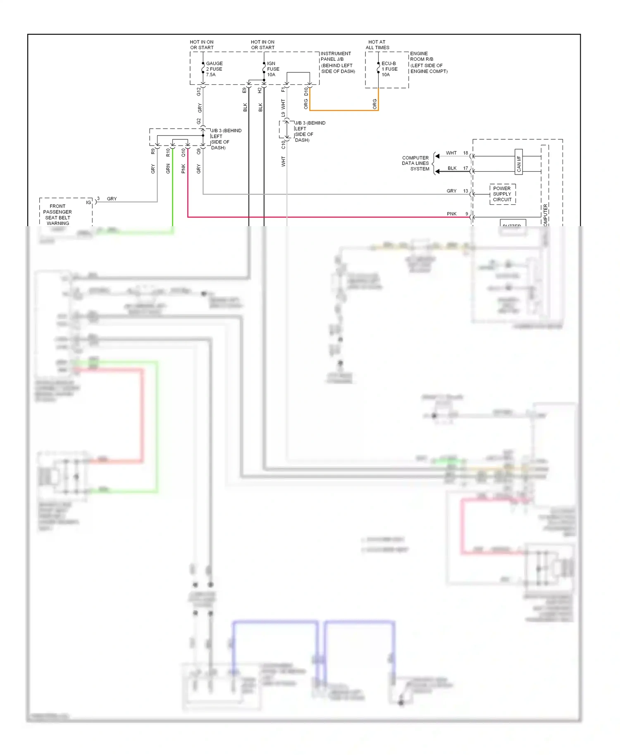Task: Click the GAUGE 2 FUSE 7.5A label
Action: (x=214, y=69)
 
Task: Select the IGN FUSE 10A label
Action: (x=273, y=69)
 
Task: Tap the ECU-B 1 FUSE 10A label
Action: (x=389, y=69)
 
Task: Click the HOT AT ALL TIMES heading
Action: (x=377, y=45)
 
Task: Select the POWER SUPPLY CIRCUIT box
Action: (x=502, y=194)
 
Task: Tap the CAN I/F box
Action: (x=519, y=162)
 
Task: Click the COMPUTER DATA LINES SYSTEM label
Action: (x=415, y=163)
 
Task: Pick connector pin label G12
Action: (x=199, y=91)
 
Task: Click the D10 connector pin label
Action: (x=306, y=91)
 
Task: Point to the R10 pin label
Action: (x=168, y=152)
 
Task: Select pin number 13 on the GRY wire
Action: (x=466, y=191)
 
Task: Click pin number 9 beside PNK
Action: (x=467, y=214)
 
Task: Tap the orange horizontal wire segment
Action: (x=343, y=110)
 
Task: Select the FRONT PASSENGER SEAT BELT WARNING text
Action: (x=58, y=215)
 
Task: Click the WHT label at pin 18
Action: (x=451, y=153)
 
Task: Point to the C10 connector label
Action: (x=283, y=145)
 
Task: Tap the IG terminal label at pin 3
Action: (x=88, y=202)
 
